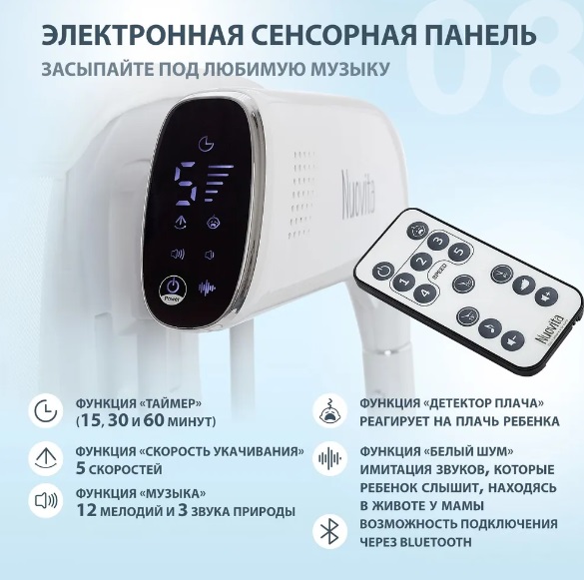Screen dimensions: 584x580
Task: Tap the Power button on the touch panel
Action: point(173,289)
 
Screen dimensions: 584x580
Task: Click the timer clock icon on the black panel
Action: point(206,144)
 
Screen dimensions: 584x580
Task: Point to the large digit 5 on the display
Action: point(187,181)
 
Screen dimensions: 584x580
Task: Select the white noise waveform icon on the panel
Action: point(207,288)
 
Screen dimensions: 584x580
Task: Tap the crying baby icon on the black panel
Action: point(213,222)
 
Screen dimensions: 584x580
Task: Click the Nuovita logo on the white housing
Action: point(358,192)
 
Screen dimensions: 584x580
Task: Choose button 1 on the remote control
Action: point(403,283)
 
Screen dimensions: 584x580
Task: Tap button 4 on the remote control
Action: point(424,293)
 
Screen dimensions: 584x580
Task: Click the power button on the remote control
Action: point(383,271)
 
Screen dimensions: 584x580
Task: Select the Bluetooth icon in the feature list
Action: point(329,531)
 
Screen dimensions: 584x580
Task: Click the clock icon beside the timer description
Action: point(46,411)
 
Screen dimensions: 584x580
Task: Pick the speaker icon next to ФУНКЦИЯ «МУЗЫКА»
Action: point(46,501)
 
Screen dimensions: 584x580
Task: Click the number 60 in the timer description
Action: point(154,420)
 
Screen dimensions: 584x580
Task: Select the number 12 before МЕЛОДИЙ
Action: point(87,510)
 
